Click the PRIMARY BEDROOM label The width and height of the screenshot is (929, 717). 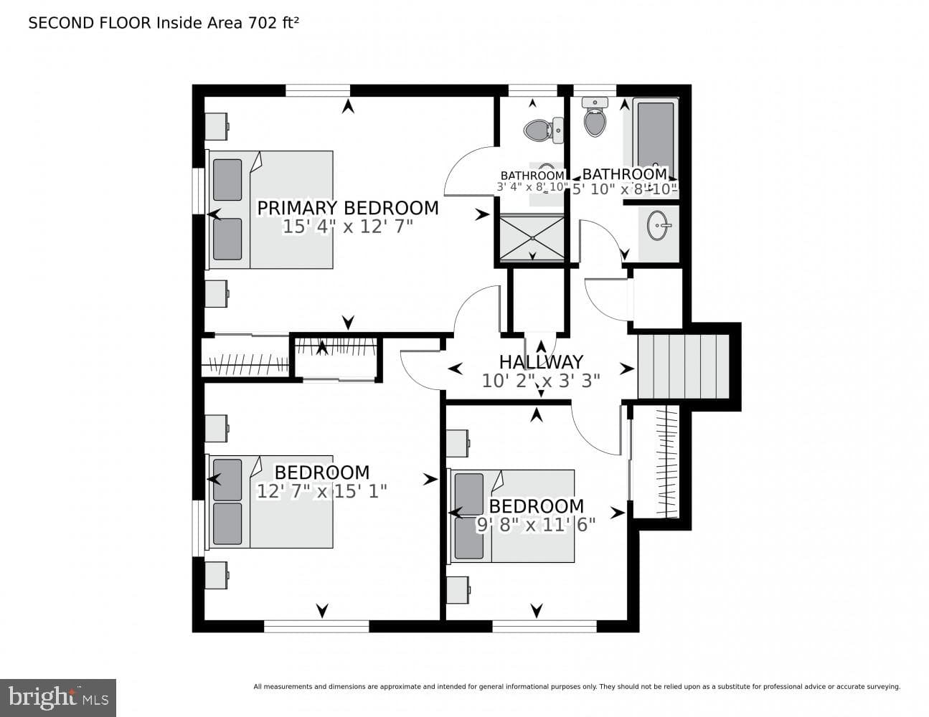(348, 208)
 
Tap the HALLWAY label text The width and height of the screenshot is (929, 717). (541, 362)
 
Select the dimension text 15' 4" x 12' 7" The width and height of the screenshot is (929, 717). (348, 227)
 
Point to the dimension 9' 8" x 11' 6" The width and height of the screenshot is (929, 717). (536, 524)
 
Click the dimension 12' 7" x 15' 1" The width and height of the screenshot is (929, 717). (321, 491)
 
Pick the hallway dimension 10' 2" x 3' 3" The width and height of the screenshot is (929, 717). (541, 380)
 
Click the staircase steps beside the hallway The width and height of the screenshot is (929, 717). (683, 366)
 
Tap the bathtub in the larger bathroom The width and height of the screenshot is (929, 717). (655, 138)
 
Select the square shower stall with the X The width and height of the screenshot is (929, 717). (532, 237)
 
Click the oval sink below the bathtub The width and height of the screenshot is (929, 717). (659, 225)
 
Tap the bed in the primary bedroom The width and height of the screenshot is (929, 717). (270, 209)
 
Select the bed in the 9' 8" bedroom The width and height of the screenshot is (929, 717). (511, 516)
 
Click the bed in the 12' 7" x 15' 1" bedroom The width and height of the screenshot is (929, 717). (270, 502)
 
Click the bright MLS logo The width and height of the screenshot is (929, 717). (58, 698)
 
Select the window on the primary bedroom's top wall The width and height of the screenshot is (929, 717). (318, 90)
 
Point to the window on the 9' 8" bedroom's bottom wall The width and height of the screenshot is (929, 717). (544, 627)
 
